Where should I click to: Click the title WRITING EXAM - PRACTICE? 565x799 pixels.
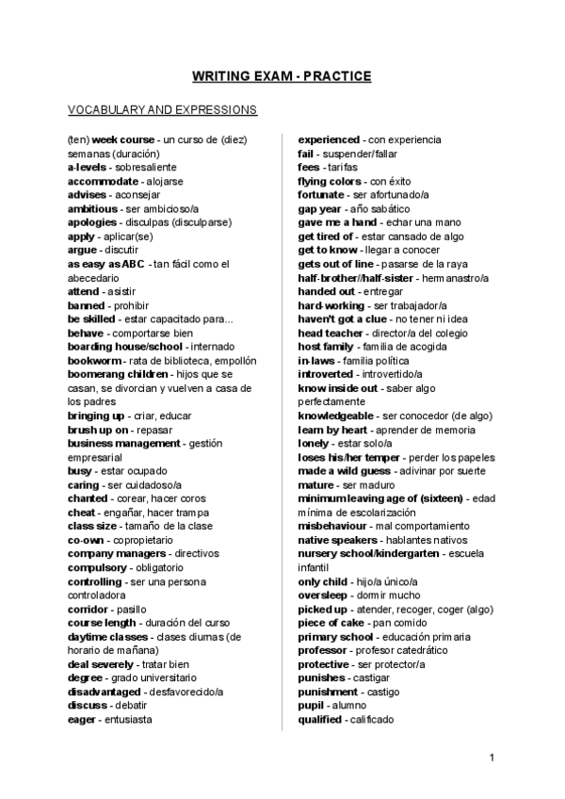282,76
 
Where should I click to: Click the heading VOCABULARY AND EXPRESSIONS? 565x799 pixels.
163,110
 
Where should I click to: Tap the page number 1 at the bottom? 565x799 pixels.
492,758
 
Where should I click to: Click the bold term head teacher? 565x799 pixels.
331,333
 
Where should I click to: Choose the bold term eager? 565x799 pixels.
83,720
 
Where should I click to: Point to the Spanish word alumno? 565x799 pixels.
349,706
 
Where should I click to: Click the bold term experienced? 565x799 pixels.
329,139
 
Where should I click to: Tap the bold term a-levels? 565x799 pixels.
88,167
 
